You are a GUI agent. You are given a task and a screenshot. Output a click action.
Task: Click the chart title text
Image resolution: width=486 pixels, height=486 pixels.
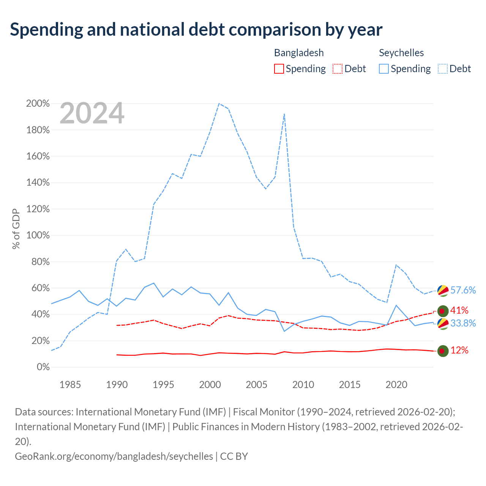pos(196,30)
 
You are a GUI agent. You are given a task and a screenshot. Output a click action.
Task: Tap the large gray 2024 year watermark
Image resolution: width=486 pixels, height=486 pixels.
pos(92,113)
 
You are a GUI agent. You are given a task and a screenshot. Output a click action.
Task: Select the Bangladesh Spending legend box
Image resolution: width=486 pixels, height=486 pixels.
pos(279,69)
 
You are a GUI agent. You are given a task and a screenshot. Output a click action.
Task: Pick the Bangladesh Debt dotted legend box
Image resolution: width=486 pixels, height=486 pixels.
pos(337,69)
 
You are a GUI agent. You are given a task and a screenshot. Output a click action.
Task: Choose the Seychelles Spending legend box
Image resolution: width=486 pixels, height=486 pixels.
pos(383,69)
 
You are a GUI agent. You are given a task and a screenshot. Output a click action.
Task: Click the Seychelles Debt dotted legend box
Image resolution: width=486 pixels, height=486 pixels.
pos(442,69)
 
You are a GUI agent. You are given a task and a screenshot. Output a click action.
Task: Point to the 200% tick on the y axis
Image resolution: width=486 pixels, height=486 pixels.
pos(38,103)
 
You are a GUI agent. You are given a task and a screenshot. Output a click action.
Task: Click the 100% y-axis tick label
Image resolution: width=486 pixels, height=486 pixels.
pos(38,235)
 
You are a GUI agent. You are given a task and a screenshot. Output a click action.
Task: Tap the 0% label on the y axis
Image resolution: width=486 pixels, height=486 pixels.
pos(43,367)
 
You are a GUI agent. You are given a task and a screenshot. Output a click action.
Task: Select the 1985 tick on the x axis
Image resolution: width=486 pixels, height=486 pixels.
pos(70,385)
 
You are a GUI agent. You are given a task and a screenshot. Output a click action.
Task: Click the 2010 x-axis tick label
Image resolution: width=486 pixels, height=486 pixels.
pos(303,385)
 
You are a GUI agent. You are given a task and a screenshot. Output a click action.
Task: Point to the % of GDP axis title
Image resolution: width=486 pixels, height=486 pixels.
pos(16,229)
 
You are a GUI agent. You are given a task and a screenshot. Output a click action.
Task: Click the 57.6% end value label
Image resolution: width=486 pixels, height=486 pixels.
pos(463,290)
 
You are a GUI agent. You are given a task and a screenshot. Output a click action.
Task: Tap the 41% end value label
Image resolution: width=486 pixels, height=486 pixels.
pos(459,310)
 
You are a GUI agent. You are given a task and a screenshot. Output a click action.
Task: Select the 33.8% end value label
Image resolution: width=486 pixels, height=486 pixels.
pos(463,323)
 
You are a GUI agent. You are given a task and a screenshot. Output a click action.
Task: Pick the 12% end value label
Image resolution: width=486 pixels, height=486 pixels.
pos(459,350)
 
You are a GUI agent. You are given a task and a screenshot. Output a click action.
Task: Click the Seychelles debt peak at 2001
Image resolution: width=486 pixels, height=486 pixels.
pos(219,103)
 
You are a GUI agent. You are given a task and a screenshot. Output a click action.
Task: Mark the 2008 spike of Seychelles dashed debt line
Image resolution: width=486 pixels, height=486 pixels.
pos(284,114)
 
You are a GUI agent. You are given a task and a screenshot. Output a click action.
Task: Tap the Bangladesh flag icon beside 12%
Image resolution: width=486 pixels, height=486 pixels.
pos(443,351)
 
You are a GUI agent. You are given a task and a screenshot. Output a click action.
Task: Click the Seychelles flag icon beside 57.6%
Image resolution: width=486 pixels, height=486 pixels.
pos(443,291)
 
